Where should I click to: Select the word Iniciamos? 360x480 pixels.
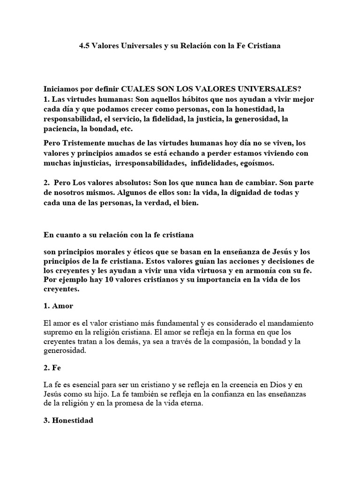60,89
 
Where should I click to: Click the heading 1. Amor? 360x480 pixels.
58,306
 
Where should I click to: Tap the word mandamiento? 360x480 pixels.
288,323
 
